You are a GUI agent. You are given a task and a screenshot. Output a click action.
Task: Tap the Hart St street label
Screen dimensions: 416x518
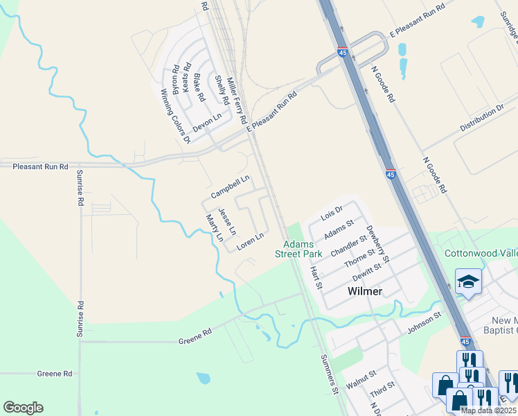pos(316,277)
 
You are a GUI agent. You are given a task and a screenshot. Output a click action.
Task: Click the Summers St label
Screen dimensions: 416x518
pos(330,375)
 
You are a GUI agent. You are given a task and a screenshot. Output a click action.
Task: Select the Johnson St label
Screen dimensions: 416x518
pos(424,322)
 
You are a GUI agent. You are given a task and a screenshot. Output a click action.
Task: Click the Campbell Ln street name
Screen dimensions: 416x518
pos(230,186)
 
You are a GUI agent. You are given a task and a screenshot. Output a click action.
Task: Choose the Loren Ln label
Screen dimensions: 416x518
pos(251,241)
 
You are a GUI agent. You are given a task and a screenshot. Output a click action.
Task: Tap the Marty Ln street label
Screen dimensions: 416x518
pos(215,227)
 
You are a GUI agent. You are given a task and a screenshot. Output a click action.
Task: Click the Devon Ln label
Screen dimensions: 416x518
pos(207,122)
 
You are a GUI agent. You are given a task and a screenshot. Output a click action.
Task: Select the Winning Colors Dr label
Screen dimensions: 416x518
pos(175,116)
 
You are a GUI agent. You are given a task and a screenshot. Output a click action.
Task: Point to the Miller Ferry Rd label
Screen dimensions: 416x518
pos(237,100)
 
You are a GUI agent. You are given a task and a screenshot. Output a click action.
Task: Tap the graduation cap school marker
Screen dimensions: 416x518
pos(469,281)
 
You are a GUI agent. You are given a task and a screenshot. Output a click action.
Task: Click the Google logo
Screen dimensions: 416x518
pos(23,408)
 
